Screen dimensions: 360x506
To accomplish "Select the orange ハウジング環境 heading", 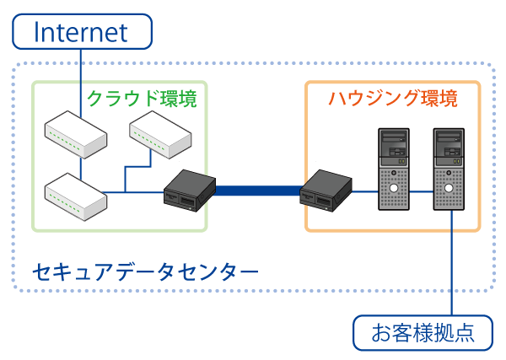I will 392,99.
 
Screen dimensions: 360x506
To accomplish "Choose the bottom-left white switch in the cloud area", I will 76,193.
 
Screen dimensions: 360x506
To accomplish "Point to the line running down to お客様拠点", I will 454,270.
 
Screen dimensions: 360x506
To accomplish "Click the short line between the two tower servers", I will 422,191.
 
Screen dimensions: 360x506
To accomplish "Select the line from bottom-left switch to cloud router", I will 135,192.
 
